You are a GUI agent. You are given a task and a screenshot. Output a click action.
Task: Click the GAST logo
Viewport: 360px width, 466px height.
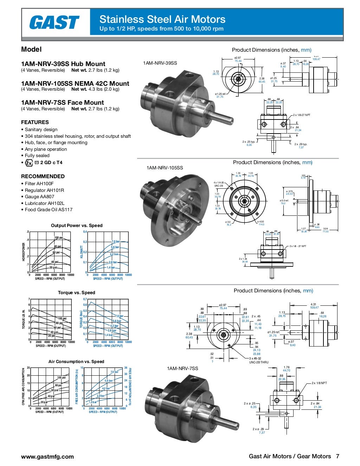[x=54, y=23]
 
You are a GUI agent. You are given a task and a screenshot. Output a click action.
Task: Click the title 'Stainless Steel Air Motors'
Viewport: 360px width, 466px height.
[x=162, y=19]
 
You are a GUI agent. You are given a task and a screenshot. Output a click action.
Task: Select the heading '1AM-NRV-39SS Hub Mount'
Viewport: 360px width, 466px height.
[x=63, y=64]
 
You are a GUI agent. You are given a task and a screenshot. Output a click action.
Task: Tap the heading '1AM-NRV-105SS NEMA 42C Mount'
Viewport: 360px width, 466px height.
[x=75, y=84]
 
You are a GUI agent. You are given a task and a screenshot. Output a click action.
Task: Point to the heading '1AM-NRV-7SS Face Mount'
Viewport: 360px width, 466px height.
[x=63, y=103]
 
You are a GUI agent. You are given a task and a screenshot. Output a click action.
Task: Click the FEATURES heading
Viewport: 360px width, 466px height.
[x=35, y=122]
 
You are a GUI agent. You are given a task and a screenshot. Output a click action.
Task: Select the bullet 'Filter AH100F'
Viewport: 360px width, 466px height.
[x=39, y=183]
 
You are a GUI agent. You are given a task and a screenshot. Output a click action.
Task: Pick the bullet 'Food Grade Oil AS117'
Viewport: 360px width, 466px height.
[x=49, y=210]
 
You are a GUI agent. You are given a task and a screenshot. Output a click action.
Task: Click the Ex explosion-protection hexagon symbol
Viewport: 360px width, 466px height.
[x=29, y=163]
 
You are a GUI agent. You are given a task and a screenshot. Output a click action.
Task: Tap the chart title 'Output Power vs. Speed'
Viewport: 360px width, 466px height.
[x=77, y=226]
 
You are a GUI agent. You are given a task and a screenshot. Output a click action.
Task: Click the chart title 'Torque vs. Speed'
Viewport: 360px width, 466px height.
[x=76, y=292]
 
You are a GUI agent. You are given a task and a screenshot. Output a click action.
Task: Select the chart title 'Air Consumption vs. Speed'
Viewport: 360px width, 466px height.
[x=76, y=361]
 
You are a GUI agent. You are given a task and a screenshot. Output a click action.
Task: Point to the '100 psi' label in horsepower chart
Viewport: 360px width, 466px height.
[x=58, y=238]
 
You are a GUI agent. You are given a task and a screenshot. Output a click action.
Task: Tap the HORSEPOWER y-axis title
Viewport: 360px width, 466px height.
[x=24, y=252]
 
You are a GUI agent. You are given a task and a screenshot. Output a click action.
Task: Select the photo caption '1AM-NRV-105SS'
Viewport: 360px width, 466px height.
[x=165, y=168]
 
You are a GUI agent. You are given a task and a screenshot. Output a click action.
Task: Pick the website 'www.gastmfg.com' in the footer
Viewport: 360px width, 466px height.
[x=47, y=457]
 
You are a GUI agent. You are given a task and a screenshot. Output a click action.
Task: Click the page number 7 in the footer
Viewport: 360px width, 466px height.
[x=337, y=457]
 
